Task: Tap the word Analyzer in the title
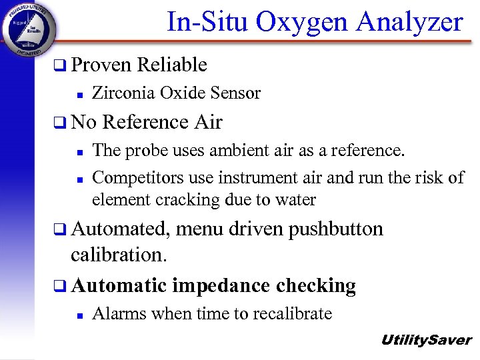pos(409,22)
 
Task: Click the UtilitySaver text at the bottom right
pos(426,340)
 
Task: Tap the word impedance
pos(217,285)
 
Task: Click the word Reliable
pos(171,65)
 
